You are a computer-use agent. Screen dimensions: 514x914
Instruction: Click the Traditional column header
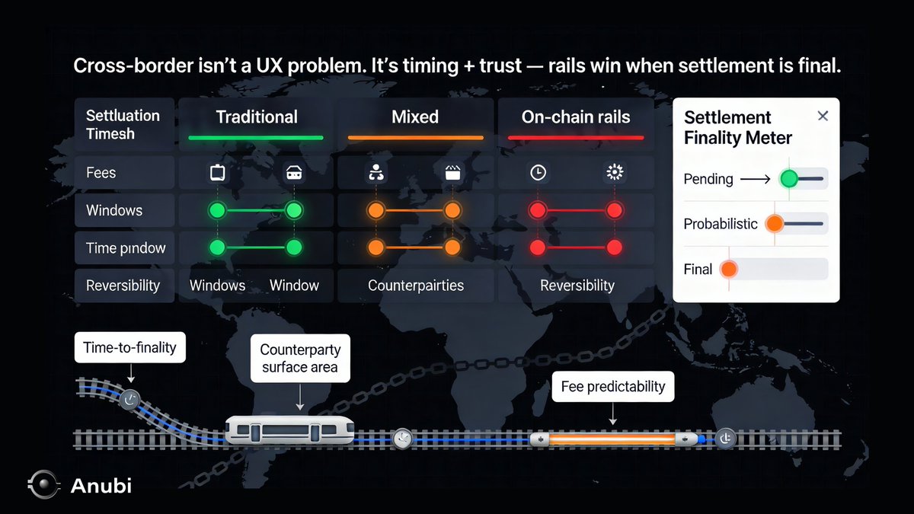coord(257,117)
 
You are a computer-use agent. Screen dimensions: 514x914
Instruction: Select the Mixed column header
coord(415,117)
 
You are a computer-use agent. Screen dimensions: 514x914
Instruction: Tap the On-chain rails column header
coord(576,117)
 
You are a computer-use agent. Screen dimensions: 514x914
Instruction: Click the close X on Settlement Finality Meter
coord(823,116)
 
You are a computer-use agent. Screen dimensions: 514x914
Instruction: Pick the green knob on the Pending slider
coord(789,179)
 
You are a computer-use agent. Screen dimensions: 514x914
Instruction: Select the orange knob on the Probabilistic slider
coord(775,224)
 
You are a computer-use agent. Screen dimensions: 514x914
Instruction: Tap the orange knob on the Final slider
coord(729,269)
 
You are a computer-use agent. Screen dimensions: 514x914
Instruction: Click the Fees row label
coord(101,173)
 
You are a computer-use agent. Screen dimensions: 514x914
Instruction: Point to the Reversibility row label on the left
coord(123,286)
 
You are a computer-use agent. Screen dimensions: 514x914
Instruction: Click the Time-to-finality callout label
coord(129,347)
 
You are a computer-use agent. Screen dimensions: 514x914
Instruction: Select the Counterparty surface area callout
coord(300,359)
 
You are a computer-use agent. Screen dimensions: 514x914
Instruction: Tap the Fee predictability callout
coord(612,387)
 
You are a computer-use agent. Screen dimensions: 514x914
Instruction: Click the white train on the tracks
coord(290,430)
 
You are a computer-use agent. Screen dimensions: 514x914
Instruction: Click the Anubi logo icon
coord(43,485)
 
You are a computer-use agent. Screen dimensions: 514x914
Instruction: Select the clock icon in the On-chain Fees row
coord(538,173)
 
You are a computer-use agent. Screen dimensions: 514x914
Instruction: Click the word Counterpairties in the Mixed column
coord(415,286)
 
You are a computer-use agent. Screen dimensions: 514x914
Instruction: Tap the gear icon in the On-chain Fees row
coord(614,173)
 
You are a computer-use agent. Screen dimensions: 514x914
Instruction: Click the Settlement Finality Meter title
coord(737,127)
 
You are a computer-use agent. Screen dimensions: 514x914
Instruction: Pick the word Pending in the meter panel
coord(708,180)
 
